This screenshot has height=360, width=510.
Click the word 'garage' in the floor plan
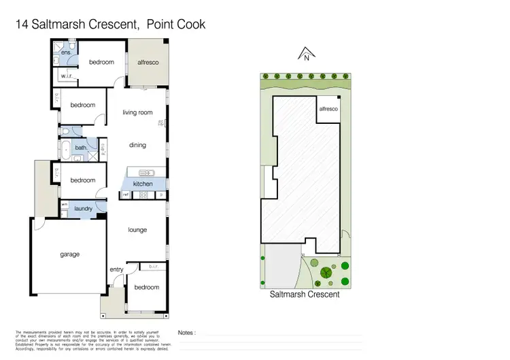point(69,254)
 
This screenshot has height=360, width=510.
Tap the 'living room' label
point(137,113)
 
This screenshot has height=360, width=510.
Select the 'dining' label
point(137,145)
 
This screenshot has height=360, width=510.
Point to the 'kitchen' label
point(142,184)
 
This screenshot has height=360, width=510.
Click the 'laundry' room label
point(84,209)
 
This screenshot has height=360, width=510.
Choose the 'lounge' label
point(137,230)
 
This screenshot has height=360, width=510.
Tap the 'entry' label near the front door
point(116,269)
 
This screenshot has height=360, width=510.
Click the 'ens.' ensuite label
point(67,52)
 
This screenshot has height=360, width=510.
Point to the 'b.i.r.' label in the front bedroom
point(153,267)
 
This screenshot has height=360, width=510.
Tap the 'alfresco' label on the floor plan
point(148,63)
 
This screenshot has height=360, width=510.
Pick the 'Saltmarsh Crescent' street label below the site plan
point(304,295)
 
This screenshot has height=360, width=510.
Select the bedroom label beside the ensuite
point(101,63)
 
